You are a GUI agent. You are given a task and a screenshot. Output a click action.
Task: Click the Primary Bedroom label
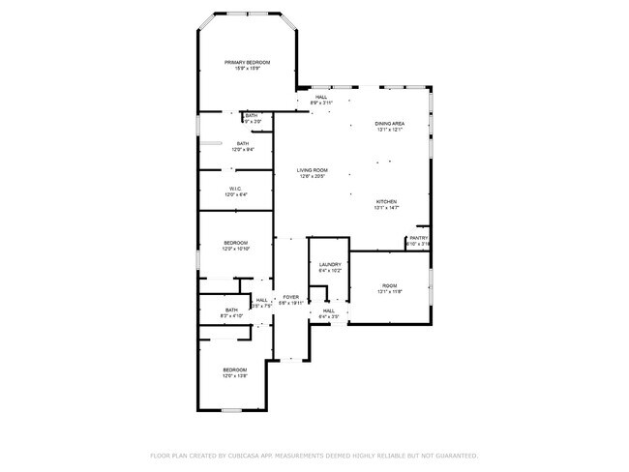(247, 62)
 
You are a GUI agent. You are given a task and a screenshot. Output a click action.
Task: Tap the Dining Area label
(389, 124)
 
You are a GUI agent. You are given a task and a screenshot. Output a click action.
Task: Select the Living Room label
(312, 170)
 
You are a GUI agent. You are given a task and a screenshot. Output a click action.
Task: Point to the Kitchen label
(386, 201)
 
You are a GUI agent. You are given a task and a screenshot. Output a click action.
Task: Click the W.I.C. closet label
(236, 189)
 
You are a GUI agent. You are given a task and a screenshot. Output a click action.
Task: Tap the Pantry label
(418, 238)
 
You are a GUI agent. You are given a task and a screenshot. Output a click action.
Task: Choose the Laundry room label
(330, 264)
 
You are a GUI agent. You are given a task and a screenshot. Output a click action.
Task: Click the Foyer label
(290, 297)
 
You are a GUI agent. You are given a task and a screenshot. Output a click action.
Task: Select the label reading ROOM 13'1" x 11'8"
(389, 286)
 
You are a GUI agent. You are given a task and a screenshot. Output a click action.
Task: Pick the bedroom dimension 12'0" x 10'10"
(236, 250)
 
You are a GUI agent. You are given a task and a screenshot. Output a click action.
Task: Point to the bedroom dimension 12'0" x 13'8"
(236, 376)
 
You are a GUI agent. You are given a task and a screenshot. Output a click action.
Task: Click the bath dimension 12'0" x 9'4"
(242, 150)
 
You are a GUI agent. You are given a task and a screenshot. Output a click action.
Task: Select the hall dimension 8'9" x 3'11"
(320, 103)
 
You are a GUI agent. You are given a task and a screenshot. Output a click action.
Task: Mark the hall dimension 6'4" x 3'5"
(328, 316)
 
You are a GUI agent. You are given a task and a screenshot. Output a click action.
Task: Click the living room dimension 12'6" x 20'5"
(312, 177)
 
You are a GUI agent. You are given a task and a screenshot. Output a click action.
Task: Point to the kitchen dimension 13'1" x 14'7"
(386, 208)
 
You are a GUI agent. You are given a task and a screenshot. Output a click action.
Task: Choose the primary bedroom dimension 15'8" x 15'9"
(247, 69)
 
